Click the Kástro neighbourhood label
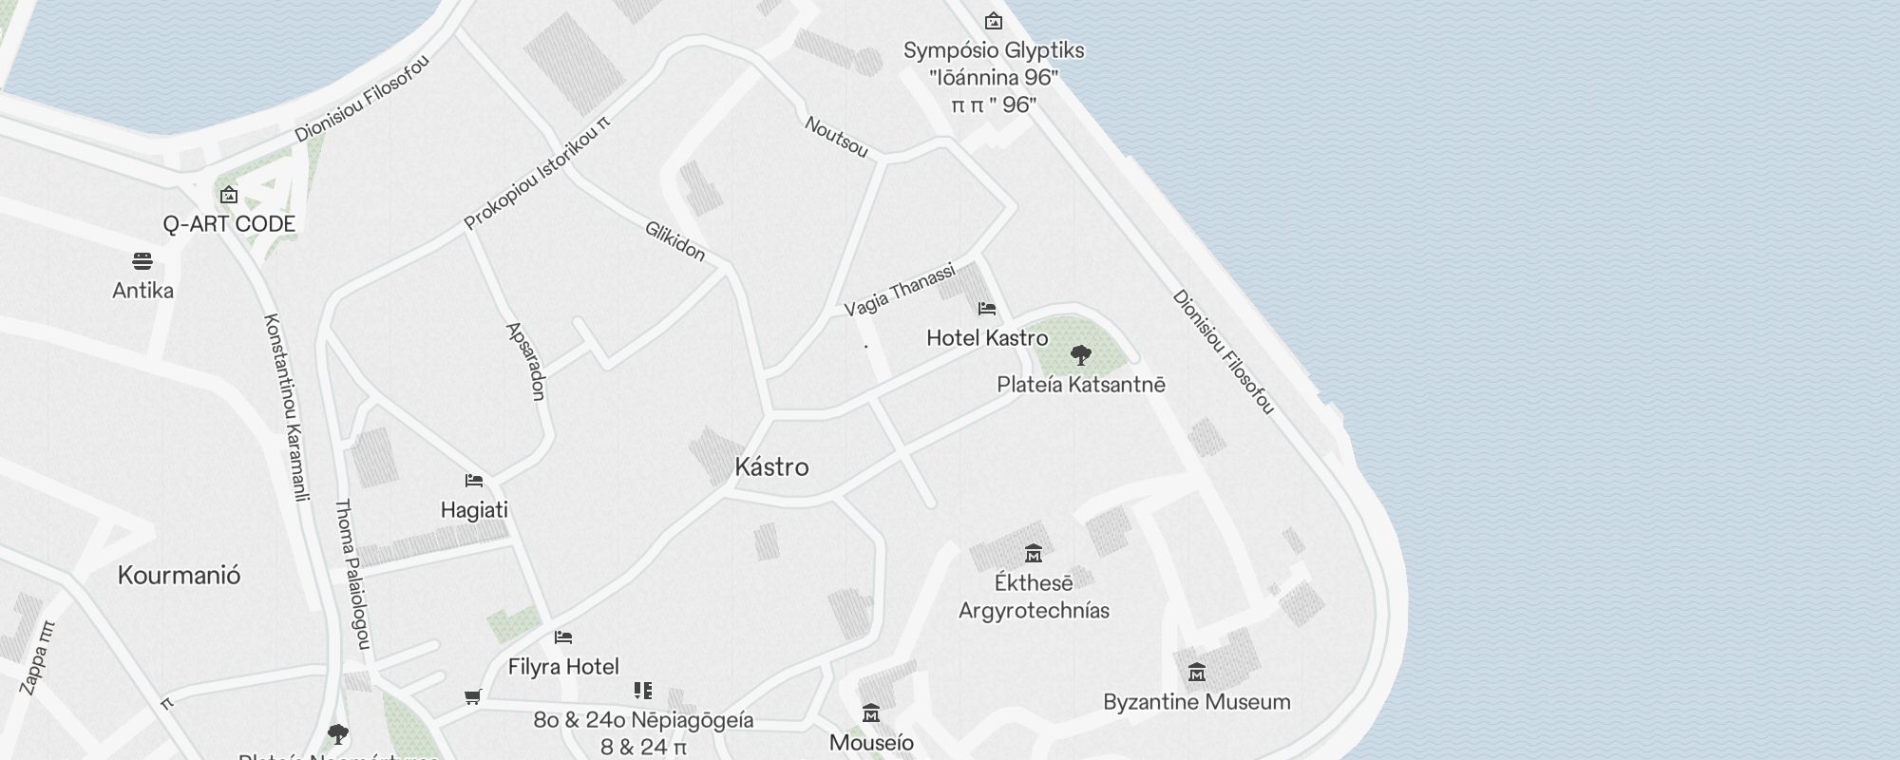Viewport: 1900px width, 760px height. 771,466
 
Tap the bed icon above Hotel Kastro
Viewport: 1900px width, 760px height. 986,308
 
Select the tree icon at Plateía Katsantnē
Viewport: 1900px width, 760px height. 1080,355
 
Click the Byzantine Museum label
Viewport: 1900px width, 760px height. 1196,702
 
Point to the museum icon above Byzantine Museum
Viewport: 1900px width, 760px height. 1196,673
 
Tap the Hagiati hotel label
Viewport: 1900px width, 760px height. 474,510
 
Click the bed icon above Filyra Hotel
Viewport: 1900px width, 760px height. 563,636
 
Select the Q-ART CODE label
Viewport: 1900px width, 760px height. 229,224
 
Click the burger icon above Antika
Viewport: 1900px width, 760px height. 142,261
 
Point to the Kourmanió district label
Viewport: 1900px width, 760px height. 179,575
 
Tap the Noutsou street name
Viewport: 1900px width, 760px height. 836,137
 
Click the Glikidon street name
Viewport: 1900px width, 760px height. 674,241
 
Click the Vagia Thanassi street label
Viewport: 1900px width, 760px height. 899,290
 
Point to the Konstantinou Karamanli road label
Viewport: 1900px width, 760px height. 287,407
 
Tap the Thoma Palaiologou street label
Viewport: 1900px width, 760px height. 351,574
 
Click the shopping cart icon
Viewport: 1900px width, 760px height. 472,697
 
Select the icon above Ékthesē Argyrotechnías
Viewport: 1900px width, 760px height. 1033,553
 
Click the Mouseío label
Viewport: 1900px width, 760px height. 871,742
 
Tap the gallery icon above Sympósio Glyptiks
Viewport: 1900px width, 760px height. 993,21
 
